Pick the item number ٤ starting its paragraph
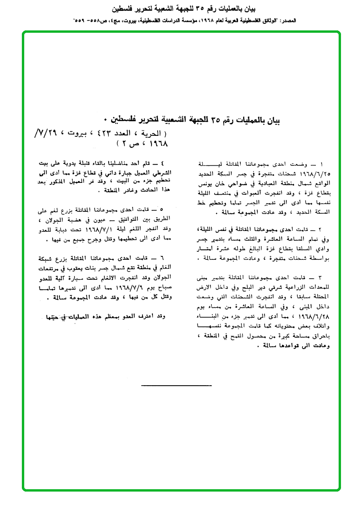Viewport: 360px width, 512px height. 162,162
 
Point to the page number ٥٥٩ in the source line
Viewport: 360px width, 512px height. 81,21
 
